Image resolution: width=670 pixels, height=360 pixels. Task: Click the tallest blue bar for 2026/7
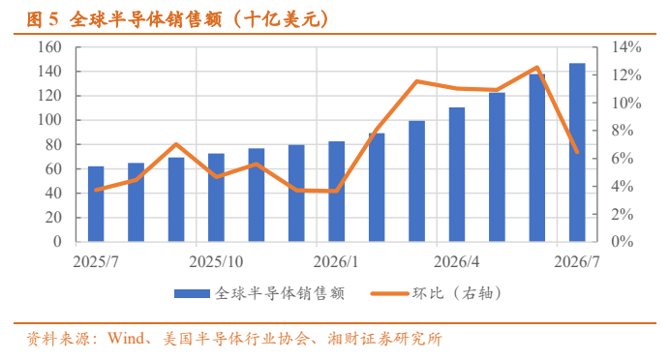click(577, 153)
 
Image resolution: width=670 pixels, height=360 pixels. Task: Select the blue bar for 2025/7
click(96, 204)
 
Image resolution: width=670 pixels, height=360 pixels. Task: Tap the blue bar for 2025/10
click(216, 197)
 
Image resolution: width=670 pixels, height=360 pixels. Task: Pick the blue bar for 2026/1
click(336, 192)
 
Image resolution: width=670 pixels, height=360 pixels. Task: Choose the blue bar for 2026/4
click(457, 174)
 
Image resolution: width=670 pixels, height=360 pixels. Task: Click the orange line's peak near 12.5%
click(537, 67)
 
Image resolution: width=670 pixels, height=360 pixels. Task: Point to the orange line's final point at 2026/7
click(577, 152)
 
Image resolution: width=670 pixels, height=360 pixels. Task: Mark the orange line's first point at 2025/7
click(96, 190)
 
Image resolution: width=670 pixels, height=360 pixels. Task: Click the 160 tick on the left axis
click(49, 47)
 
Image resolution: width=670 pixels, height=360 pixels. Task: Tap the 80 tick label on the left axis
click(53, 144)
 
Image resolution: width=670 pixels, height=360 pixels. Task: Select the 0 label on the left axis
click(57, 242)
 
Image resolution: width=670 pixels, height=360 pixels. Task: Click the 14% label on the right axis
click(626, 47)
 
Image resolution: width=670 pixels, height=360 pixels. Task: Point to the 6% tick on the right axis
click(623, 159)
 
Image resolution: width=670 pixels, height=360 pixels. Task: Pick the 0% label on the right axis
click(623, 242)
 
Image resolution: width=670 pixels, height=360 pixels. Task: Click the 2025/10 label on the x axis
click(216, 262)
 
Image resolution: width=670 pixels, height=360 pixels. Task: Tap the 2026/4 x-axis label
click(456, 262)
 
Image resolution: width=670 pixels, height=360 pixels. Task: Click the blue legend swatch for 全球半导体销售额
click(193, 294)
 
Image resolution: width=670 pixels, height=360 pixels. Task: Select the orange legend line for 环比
click(389, 294)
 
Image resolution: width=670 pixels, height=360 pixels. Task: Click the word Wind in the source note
click(126, 339)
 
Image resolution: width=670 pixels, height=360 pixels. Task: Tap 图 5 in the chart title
click(42, 19)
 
